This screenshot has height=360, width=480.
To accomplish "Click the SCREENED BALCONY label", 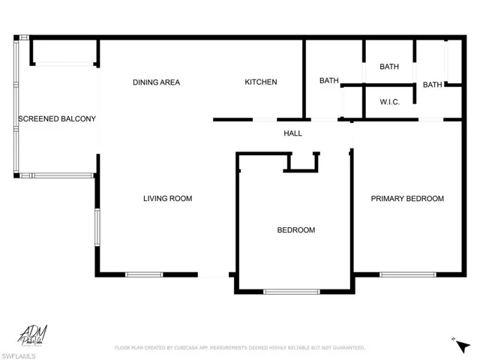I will (57, 118).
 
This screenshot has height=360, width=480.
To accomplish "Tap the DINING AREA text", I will (156, 82).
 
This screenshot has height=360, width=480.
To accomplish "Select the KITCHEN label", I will (261, 82).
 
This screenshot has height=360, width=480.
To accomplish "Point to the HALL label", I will (292, 133).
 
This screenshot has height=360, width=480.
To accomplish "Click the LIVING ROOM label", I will (168, 199).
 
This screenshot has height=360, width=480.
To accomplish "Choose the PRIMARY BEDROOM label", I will (407, 199).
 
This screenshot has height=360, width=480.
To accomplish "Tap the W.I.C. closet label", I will (388, 102).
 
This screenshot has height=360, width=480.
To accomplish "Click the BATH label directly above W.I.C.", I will (388, 67).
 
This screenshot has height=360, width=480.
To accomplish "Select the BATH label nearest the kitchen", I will (328, 81).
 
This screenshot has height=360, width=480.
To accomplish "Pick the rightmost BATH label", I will (432, 85).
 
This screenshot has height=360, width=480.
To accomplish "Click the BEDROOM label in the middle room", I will (295, 230).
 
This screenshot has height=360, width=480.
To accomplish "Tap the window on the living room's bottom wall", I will (144, 274).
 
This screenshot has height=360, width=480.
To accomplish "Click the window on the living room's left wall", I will (97, 229).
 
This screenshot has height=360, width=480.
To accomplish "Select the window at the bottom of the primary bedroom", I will (408, 274).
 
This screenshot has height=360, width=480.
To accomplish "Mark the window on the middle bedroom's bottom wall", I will (291, 291).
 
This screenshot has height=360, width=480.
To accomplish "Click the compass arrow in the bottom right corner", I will (459, 343).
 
